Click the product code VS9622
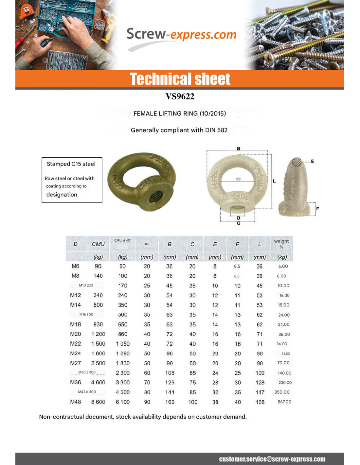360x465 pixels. coord(180,96)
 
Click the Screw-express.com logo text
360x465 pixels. coord(181,34)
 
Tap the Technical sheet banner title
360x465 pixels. coord(180,79)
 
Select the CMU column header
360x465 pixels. coord(98,244)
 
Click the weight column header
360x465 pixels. coord(281,243)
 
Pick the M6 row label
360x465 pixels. coord(75,266)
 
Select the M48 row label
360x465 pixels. coord(75,402)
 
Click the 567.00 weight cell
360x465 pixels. coord(284,402)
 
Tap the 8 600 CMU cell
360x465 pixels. coord(98,402)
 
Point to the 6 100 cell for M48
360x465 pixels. coord(123,402)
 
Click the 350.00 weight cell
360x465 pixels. coord(282,392)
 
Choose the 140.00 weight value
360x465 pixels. coord(284,373)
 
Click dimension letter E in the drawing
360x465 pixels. coord(313,161)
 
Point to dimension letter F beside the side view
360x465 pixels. coord(317,209)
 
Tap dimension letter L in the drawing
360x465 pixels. coord(274,181)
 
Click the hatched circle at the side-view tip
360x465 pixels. coord(297,162)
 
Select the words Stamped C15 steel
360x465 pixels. coord(71,164)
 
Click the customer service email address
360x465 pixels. coord(272,459)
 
